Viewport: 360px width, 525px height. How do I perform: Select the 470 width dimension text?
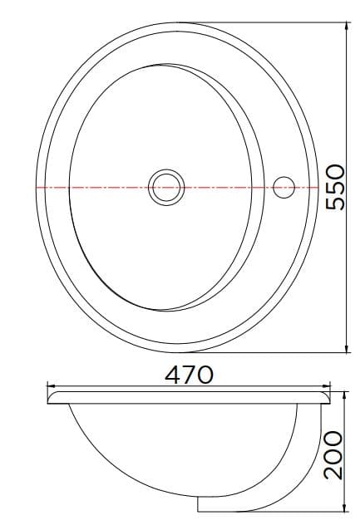coord(190,375)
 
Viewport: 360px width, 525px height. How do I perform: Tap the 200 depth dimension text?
coord(333,454)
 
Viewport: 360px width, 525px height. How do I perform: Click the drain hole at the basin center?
coord(166,188)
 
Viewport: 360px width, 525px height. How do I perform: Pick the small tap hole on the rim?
coord(285,188)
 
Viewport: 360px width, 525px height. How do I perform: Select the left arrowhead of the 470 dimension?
coord(49,386)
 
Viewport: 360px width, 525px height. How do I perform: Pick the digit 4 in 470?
coord(172,375)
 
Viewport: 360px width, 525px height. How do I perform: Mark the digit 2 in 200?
coord(333,472)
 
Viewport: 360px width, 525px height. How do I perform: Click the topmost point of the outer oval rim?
coord(178,22)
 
